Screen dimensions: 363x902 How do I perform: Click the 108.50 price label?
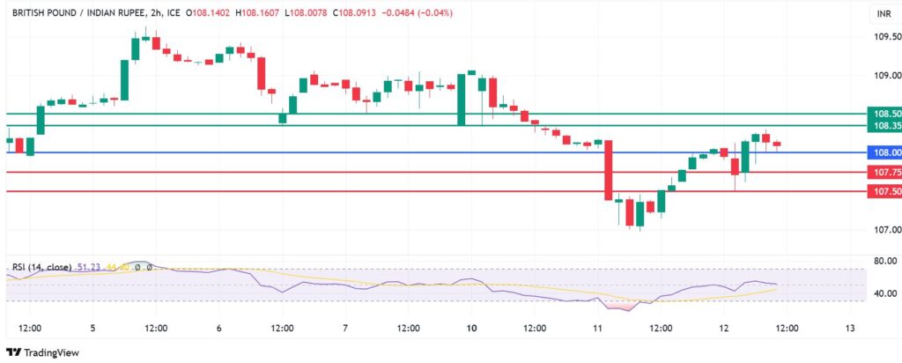pyautogui.click(x=884, y=114)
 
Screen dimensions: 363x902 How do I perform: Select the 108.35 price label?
pyautogui.click(x=884, y=126)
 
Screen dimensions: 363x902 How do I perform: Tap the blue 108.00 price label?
pyautogui.click(x=884, y=152)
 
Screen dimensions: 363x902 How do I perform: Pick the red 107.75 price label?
pyautogui.click(x=884, y=173)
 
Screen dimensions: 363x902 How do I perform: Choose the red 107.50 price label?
pyautogui.click(x=884, y=191)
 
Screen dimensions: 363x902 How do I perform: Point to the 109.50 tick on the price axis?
pyautogui.click(x=884, y=37)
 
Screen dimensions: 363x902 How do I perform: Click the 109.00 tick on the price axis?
pyautogui.click(x=884, y=76)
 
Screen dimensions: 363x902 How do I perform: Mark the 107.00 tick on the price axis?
pyautogui.click(x=884, y=230)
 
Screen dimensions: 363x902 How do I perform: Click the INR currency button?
pyautogui.click(x=882, y=14)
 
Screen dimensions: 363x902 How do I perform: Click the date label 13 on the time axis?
pyautogui.click(x=849, y=328)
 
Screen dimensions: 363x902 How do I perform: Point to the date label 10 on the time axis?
pyautogui.click(x=471, y=328)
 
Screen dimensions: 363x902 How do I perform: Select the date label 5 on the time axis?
pyautogui.click(x=92, y=328)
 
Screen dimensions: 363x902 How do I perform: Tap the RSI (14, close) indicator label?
pyautogui.click(x=41, y=267)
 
